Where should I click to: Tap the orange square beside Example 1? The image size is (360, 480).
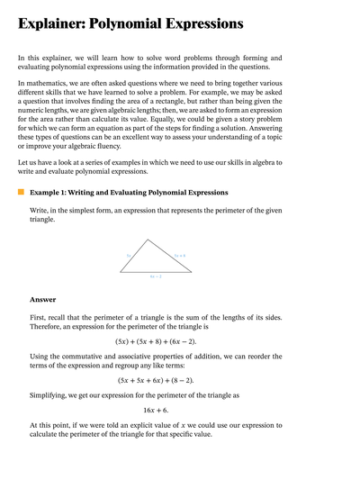tap(21, 192)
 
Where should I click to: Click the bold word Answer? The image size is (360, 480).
tap(42, 300)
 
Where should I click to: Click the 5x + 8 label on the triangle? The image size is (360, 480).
tap(180, 256)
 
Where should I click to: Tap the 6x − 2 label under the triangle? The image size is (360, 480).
tap(155, 276)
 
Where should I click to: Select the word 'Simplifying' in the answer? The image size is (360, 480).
tap(52, 395)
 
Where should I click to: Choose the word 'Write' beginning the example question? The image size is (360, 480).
tap(40, 209)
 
